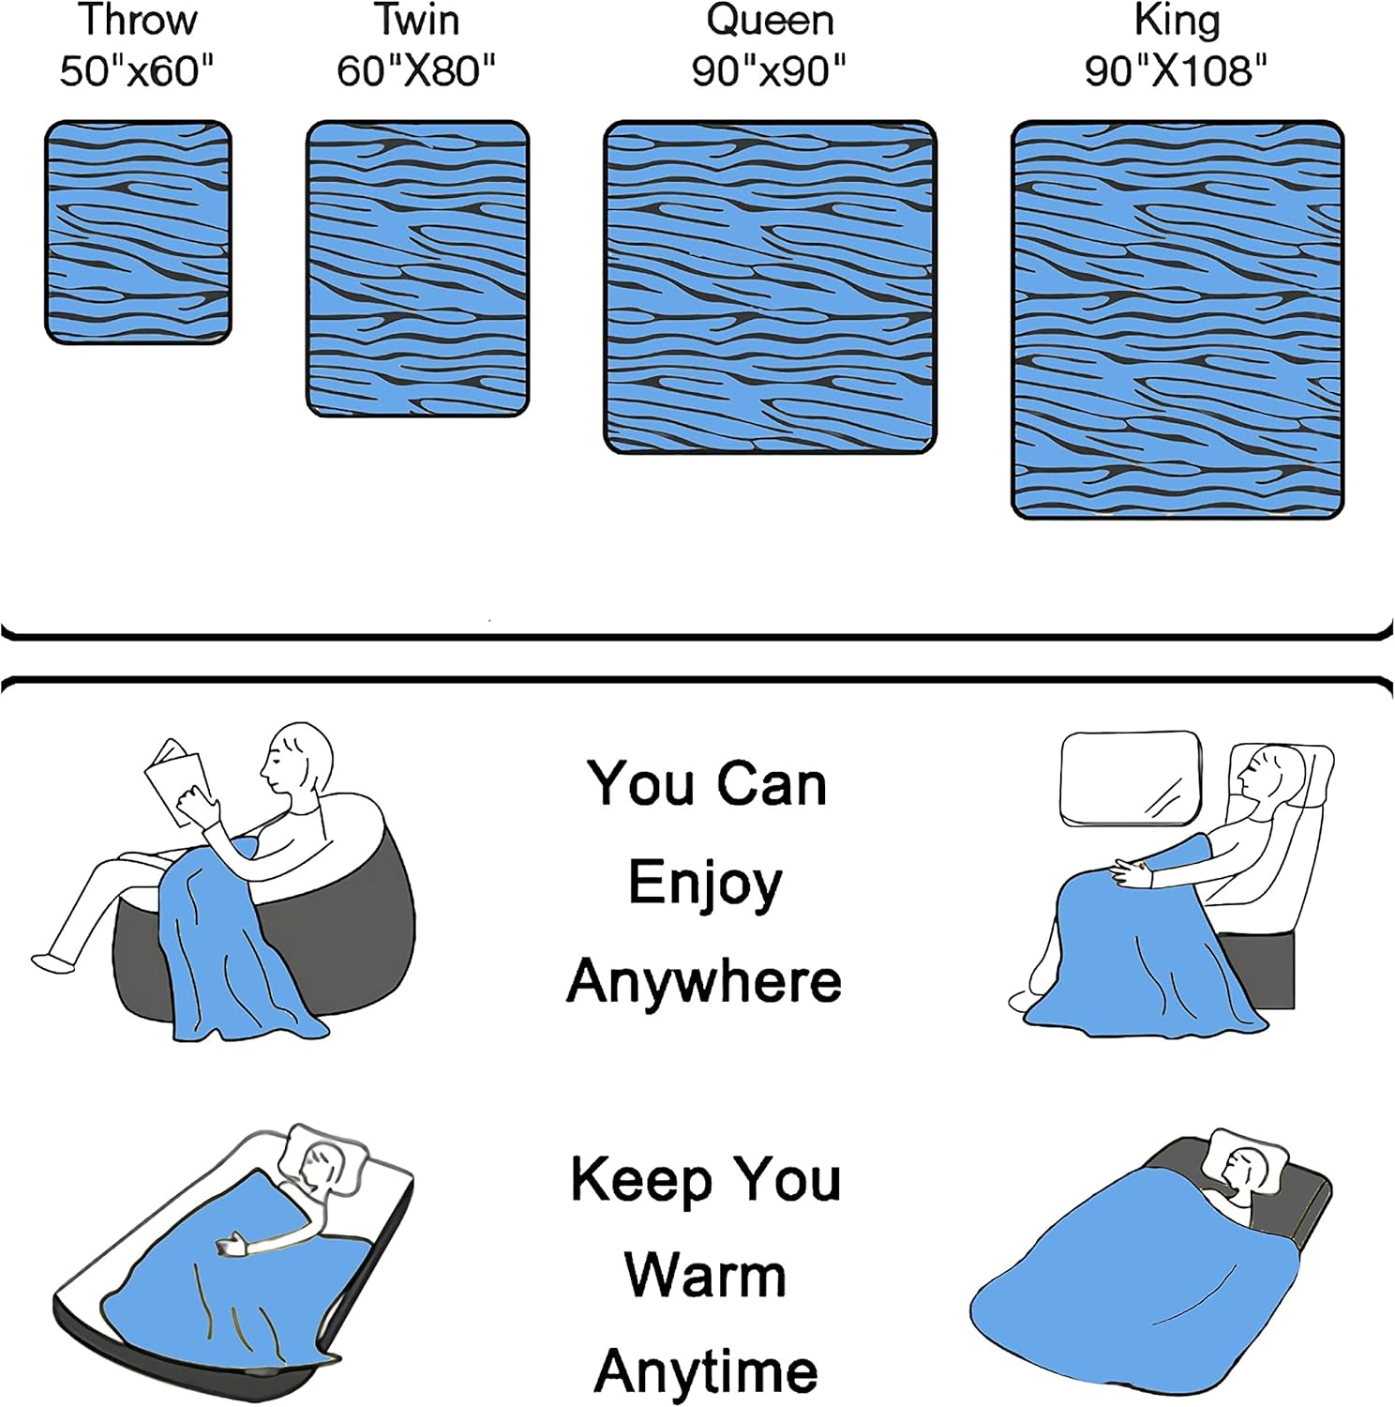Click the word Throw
click(137, 21)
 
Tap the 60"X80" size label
click(416, 70)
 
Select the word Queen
click(770, 21)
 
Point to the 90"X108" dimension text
click(1176, 70)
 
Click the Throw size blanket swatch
click(138, 232)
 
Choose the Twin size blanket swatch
click(417, 268)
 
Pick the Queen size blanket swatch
click(770, 287)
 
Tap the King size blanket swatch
click(1177, 319)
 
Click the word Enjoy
click(705, 885)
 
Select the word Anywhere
click(704, 981)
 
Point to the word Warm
click(705, 1276)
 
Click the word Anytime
click(706, 1372)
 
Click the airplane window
click(1130, 779)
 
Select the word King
click(1177, 21)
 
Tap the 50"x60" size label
click(137, 70)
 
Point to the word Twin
click(416, 21)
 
